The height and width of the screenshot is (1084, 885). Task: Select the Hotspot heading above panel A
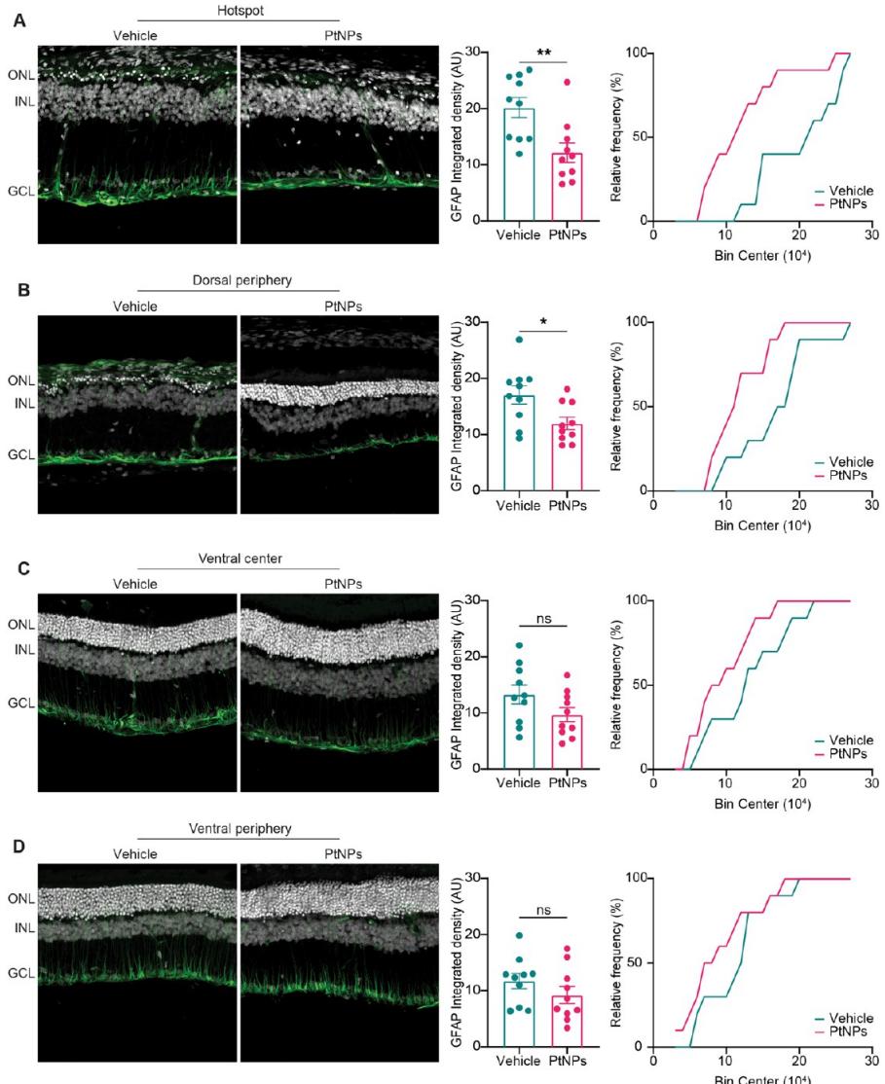click(x=238, y=8)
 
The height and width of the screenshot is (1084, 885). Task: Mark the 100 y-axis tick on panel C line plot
click(x=636, y=600)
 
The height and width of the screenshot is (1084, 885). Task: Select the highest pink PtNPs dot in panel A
click(x=566, y=83)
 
